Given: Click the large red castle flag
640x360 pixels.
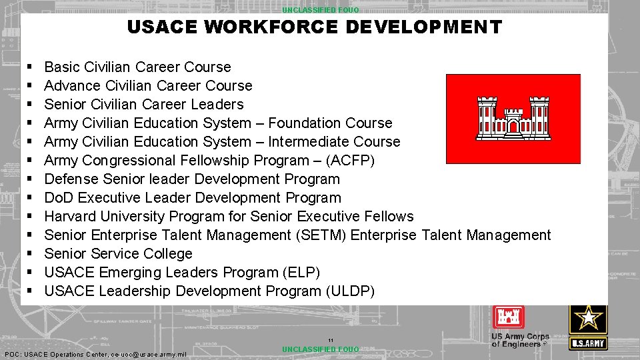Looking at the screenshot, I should (x=513, y=119).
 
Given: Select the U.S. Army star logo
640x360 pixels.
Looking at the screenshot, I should (x=587, y=327).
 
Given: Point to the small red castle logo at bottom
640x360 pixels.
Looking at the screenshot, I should (x=509, y=317).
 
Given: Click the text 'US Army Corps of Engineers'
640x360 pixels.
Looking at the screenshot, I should (x=520, y=340).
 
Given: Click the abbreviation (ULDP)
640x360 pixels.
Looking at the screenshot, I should (x=350, y=291).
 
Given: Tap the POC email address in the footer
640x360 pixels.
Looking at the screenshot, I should (x=148, y=354).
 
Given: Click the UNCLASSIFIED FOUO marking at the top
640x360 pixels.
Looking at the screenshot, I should (x=320, y=10).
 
